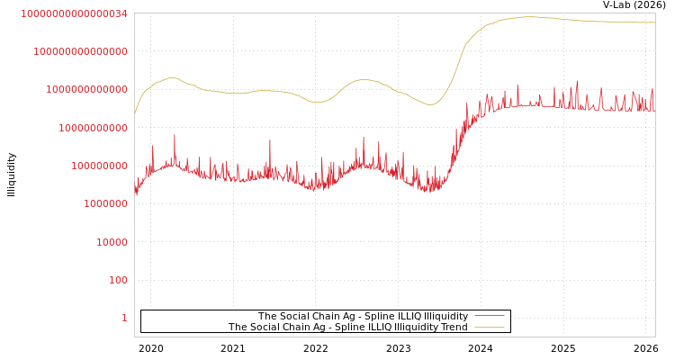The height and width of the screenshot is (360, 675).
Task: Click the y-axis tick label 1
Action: pyautogui.click(x=124, y=318)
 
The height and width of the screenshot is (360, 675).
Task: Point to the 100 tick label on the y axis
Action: pyautogui.click(x=119, y=280)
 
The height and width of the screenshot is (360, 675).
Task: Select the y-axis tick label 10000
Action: pyautogui.click(x=112, y=242)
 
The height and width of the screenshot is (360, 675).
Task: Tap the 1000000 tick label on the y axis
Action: pyautogui.click(x=106, y=203)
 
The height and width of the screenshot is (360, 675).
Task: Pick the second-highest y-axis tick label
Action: pyautogui.click(x=80, y=51)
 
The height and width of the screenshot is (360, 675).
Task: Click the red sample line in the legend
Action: pyautogui.click(x=489, y=316)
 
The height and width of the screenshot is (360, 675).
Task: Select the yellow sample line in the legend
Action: pyautogui.click(x=489, y=327)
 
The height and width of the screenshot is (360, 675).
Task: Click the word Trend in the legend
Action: pyautogui.click(x=453, y=327)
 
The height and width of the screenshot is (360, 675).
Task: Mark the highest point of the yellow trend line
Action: pyautogui.click(x=529, y=16)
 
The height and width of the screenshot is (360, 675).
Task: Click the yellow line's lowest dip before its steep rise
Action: pyautogui.click(x=430, y=104)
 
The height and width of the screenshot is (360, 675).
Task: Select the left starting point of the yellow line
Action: pyautogui.click(x=135, y=114)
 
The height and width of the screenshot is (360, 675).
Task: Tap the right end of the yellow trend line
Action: pyautogui.click(x=655, y=22)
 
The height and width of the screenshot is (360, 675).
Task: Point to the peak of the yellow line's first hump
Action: pyautogui.click(x=172, y=77)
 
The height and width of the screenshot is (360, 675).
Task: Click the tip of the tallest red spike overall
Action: pyautogui.click(x=578, y=81)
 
